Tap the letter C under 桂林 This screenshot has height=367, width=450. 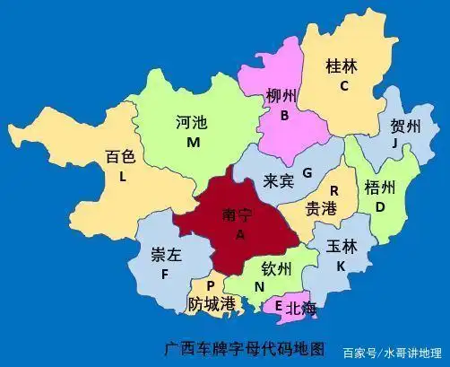343,86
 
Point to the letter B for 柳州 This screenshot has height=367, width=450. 284,115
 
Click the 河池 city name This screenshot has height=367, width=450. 193,124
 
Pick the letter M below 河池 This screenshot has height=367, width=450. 193,143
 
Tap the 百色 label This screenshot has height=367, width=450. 120,157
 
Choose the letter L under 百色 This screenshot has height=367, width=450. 122,177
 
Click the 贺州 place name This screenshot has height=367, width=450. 405,127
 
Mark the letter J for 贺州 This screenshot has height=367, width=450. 394,144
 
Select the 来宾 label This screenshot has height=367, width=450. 278,180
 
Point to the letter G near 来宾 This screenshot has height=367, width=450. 307,172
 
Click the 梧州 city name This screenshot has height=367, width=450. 381,188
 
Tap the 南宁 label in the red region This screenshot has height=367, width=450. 239,215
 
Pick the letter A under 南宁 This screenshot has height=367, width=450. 239,234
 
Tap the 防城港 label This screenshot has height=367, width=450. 212,304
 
